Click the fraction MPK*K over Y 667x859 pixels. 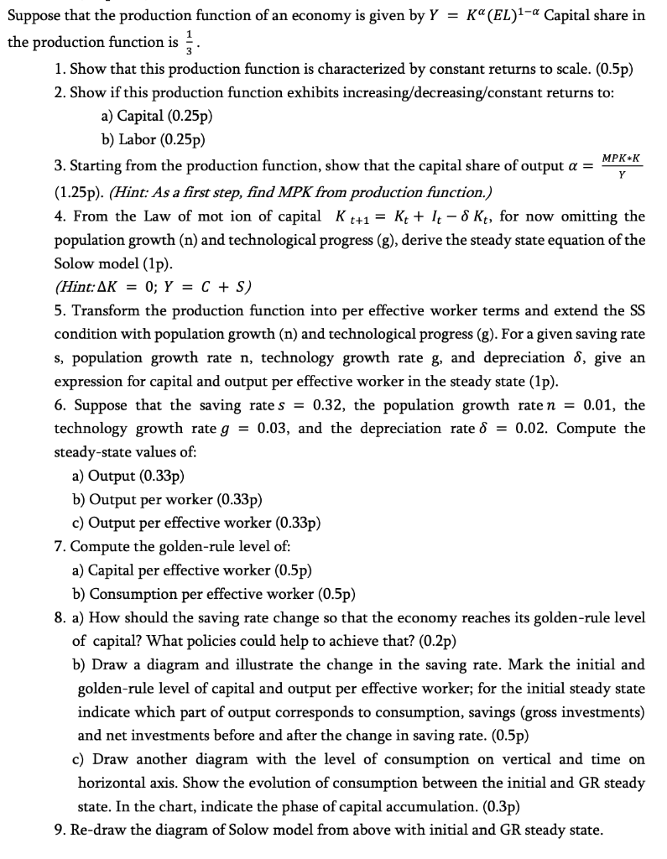coord(622,166)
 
